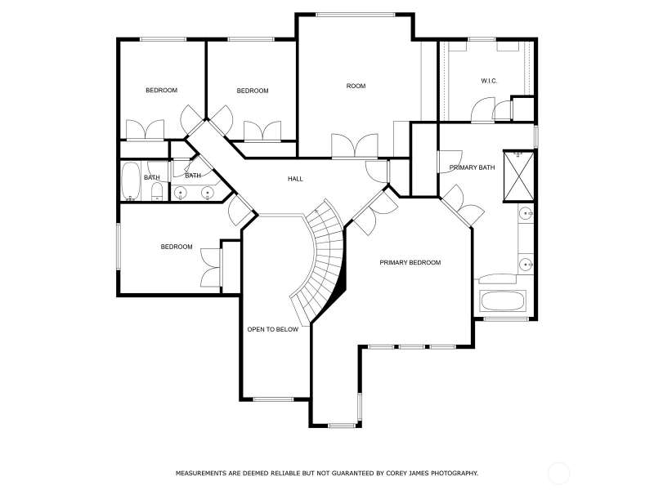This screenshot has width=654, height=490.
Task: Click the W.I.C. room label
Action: (x=489, y=81)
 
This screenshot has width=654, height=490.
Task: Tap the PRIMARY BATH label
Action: (x=472, y=167)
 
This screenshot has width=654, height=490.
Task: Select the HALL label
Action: (x=295, y=179)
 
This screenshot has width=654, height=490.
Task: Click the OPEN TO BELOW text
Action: (x=273, y=329)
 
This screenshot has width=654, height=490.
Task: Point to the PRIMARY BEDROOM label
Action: (x=410, y=262)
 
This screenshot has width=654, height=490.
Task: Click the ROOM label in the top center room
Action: (x=356, y=86)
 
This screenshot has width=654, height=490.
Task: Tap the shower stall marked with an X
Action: (x=518, y=176)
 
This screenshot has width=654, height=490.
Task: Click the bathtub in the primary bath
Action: (x=503, y=301)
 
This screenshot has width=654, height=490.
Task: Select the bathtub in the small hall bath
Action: (x=131, y=181)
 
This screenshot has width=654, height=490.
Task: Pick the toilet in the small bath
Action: (x=156, y=192)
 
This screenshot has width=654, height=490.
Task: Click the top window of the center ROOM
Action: (x=356, y=15)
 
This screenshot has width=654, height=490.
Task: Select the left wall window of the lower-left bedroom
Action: (x=119, y=247)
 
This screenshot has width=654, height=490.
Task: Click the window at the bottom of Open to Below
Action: (x=274, y=399)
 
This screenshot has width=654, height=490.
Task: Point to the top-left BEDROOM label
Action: (x=161, y=91)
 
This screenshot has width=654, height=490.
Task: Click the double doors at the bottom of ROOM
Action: (x=355, y=146)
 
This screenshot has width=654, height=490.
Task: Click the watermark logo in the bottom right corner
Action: (x=558, y=473)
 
